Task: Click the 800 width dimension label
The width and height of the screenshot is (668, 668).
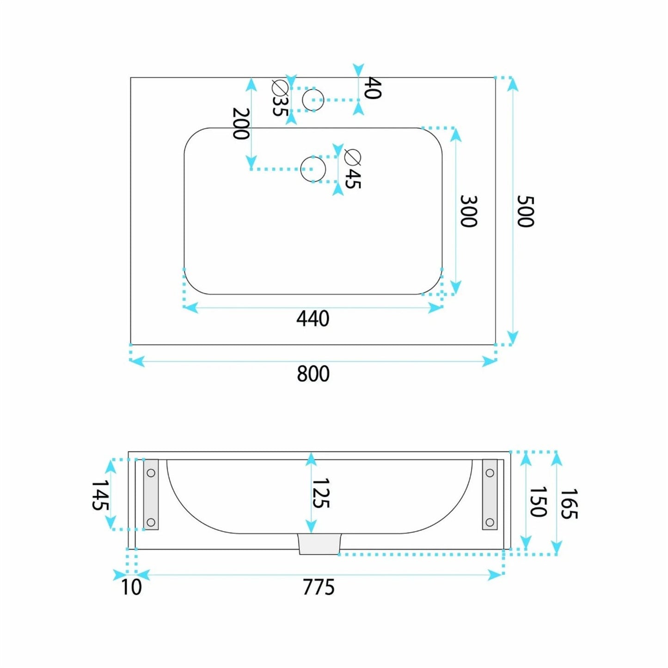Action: tap(313, 374)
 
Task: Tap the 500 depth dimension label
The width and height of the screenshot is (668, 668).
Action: tap(525, 211)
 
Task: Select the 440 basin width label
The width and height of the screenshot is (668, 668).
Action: tap(313, 319)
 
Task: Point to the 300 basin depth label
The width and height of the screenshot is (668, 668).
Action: tap(468, 211)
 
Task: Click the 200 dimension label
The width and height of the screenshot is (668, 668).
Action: tap(240, 123)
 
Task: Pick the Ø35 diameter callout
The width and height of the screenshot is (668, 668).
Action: tap(280, 98)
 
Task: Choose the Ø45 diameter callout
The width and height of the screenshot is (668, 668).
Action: tap(353, 169)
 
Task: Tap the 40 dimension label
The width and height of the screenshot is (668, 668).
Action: tap(373, 88)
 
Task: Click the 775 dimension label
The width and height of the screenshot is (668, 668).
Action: tap(319, 587)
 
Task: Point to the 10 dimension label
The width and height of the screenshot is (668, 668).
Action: tap(131, 587)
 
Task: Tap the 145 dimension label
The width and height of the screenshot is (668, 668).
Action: tap(100, 495)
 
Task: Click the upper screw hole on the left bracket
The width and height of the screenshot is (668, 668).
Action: tap(151, 472)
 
